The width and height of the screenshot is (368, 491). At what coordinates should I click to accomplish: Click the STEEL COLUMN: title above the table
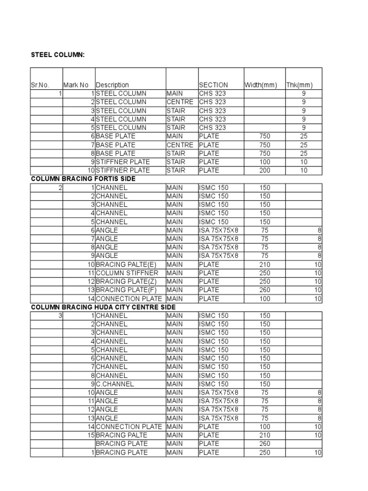[x=58, y=55]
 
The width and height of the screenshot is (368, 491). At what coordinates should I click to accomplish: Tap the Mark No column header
[x=76, y=85]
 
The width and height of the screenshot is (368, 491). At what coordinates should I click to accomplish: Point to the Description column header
[x=113, y=85]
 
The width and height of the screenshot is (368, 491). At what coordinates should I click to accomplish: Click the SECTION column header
[x=214, y=85]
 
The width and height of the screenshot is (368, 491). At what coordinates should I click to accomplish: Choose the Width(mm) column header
[x=261, y=85]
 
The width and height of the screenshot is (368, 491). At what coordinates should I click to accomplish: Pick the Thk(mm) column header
[x=299, y=85]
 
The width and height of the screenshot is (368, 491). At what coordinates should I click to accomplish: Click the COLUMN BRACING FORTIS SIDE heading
[x=83, y=179]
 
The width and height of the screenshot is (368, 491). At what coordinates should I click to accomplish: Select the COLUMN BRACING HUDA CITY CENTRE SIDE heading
[x=103, y=307]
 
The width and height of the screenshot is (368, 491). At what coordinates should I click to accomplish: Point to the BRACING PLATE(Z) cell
[x=124, y=281]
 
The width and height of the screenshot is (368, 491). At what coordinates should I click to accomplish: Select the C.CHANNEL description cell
[x=115, y=384]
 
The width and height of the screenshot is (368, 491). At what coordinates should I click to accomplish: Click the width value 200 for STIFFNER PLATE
[x=264, y=170]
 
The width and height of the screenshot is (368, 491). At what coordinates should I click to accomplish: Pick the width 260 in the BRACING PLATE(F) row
[x=264, y=290]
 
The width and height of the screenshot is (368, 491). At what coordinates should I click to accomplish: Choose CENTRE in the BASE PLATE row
[x=180, y=145]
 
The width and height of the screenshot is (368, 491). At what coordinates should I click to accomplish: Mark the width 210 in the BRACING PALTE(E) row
[x=264, y=264]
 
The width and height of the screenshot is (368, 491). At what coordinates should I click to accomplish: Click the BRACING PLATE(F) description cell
[x=124, y=290]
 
